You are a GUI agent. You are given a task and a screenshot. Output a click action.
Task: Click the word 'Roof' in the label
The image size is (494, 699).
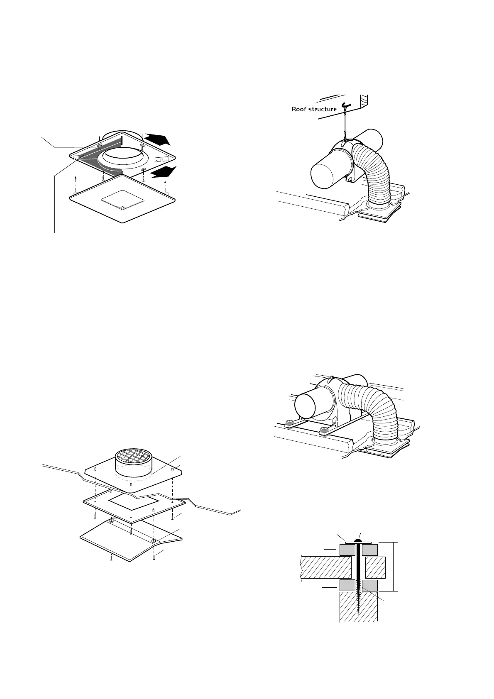[300, 110]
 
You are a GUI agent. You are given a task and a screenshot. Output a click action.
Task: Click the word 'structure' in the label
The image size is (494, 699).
[322, 110]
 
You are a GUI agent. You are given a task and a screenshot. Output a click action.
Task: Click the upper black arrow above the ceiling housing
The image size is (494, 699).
[157, 138]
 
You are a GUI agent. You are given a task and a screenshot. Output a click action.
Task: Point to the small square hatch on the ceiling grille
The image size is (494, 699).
[123, 199]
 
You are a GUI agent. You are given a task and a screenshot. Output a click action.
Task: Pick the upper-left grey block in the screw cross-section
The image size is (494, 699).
[347, 550]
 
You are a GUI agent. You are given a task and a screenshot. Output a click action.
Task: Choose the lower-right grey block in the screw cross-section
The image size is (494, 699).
[369, 586]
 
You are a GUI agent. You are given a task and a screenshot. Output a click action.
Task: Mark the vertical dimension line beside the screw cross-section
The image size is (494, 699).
[393, 566]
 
